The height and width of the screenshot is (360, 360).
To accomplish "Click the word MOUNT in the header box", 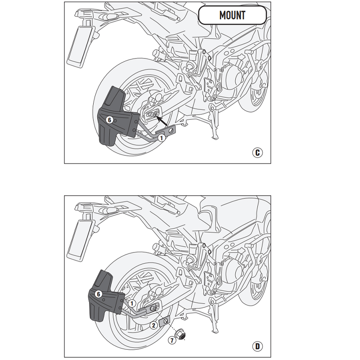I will pos(233,15).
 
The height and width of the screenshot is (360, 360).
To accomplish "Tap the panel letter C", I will pos(257,153).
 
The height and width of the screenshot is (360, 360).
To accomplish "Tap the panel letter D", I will pos(257,346).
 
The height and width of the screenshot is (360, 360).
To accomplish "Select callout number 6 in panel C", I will pos(109,120).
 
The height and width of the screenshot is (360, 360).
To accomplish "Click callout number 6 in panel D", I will pos(99,294).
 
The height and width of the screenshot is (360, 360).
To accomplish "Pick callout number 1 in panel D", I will pos(131,304).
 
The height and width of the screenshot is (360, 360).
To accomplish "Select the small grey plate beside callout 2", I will pos(165,322).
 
